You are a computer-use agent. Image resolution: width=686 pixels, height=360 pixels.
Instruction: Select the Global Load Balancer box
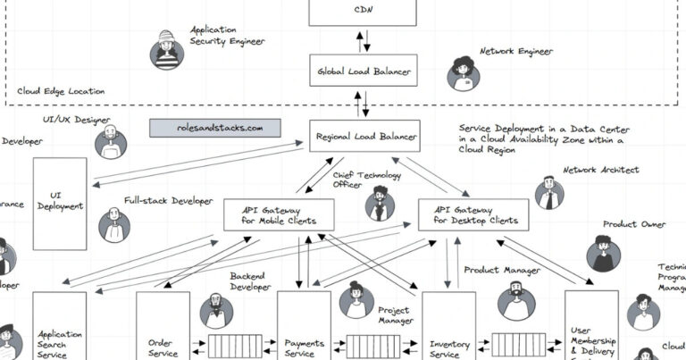363,70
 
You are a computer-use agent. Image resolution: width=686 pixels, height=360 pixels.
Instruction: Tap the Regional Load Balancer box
364,137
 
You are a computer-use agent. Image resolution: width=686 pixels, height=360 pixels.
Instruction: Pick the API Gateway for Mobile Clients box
279,214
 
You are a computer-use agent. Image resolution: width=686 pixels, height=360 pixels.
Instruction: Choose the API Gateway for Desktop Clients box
473,214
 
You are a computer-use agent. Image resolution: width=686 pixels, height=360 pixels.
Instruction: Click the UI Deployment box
60,204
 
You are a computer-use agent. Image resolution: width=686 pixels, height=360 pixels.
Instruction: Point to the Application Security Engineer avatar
167,50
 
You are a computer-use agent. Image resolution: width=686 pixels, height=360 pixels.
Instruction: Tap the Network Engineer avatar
464,72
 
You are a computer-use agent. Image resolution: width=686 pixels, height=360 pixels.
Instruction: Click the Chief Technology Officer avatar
380,204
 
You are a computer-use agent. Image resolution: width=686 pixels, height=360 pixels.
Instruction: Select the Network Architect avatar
549,192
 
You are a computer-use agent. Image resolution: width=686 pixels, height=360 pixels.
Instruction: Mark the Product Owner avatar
602,254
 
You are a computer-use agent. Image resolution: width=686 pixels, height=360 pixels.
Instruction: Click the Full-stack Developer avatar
114,225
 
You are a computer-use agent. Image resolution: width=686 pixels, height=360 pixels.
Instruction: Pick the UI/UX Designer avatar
111,142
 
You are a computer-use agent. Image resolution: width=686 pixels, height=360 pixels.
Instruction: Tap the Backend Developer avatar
216,309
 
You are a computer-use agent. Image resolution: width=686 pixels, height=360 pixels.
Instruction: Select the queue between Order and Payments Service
234,344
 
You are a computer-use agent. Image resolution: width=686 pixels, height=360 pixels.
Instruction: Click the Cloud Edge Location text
62,91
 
